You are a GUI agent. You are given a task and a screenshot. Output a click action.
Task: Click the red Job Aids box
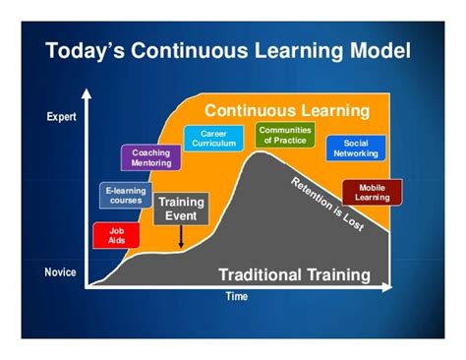pyautogui.click(x=116, y=235)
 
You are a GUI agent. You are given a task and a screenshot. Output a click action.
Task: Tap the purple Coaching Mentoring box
pyautogui.click(x=150, y=157)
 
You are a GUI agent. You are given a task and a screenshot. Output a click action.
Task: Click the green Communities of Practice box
pyautogui.click(x=284, y=135)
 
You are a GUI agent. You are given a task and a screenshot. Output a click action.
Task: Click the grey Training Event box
pyautogui.click(x=182, y=209)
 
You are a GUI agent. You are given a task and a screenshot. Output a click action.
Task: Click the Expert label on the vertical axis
pyautogui.click(x=61, y=118)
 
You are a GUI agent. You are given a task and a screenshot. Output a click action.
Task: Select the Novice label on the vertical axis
pyautogui.click(x=61, y=271)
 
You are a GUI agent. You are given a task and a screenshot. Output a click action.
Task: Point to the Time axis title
pyautogui.click(x=236, y=295)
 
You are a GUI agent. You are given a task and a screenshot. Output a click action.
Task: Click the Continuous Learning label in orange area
pyautogui.click(x=286, y=110)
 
